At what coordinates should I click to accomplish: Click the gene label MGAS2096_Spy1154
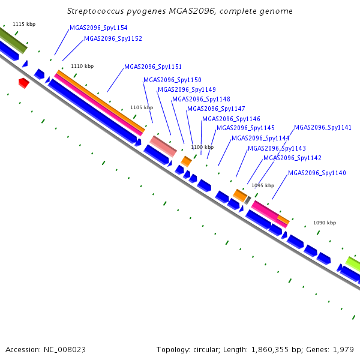click(98, 28)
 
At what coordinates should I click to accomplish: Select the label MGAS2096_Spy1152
click(113, 38)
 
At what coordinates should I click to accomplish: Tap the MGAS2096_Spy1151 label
click(153, 67)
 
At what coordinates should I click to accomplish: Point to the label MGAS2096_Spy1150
click(172, 80)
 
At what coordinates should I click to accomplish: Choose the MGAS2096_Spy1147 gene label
click(216, 109)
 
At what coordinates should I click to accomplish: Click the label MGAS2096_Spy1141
click(323, 127)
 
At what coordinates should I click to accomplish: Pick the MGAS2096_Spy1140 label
click(317, 173)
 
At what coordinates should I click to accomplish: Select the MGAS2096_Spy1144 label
click(260, 138)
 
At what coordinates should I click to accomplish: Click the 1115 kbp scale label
click(24, 24)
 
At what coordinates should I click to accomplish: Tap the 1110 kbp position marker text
click(82, 66)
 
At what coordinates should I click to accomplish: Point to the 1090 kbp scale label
click(325, 223)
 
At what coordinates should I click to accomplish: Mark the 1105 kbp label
click(142, 107)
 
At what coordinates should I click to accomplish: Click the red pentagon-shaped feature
click(24, 83)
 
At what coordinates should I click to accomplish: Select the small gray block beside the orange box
click(247, 200)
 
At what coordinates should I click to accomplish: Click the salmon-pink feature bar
click(163, 146)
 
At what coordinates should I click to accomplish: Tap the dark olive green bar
click(13, 40)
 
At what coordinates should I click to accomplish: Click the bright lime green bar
click(353, 264)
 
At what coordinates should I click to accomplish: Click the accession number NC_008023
click(65, 350)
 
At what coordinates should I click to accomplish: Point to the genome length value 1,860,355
click(270, 350)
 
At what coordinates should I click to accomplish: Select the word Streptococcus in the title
click(95, 11)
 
